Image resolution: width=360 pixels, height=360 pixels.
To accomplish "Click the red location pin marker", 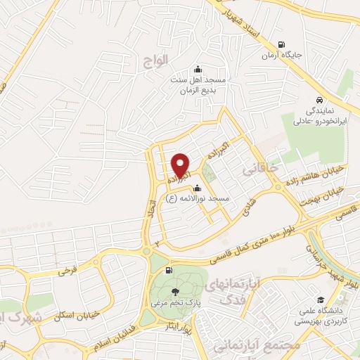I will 181,166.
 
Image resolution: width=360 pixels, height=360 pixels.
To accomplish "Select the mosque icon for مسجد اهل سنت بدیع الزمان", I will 198,69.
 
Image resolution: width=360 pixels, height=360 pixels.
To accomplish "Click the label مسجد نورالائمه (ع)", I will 198,200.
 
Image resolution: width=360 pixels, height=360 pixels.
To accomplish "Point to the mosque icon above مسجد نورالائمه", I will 196,188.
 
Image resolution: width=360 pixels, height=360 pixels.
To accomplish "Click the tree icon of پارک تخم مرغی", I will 173,291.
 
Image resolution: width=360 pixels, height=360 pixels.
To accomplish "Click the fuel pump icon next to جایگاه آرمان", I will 282,43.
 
